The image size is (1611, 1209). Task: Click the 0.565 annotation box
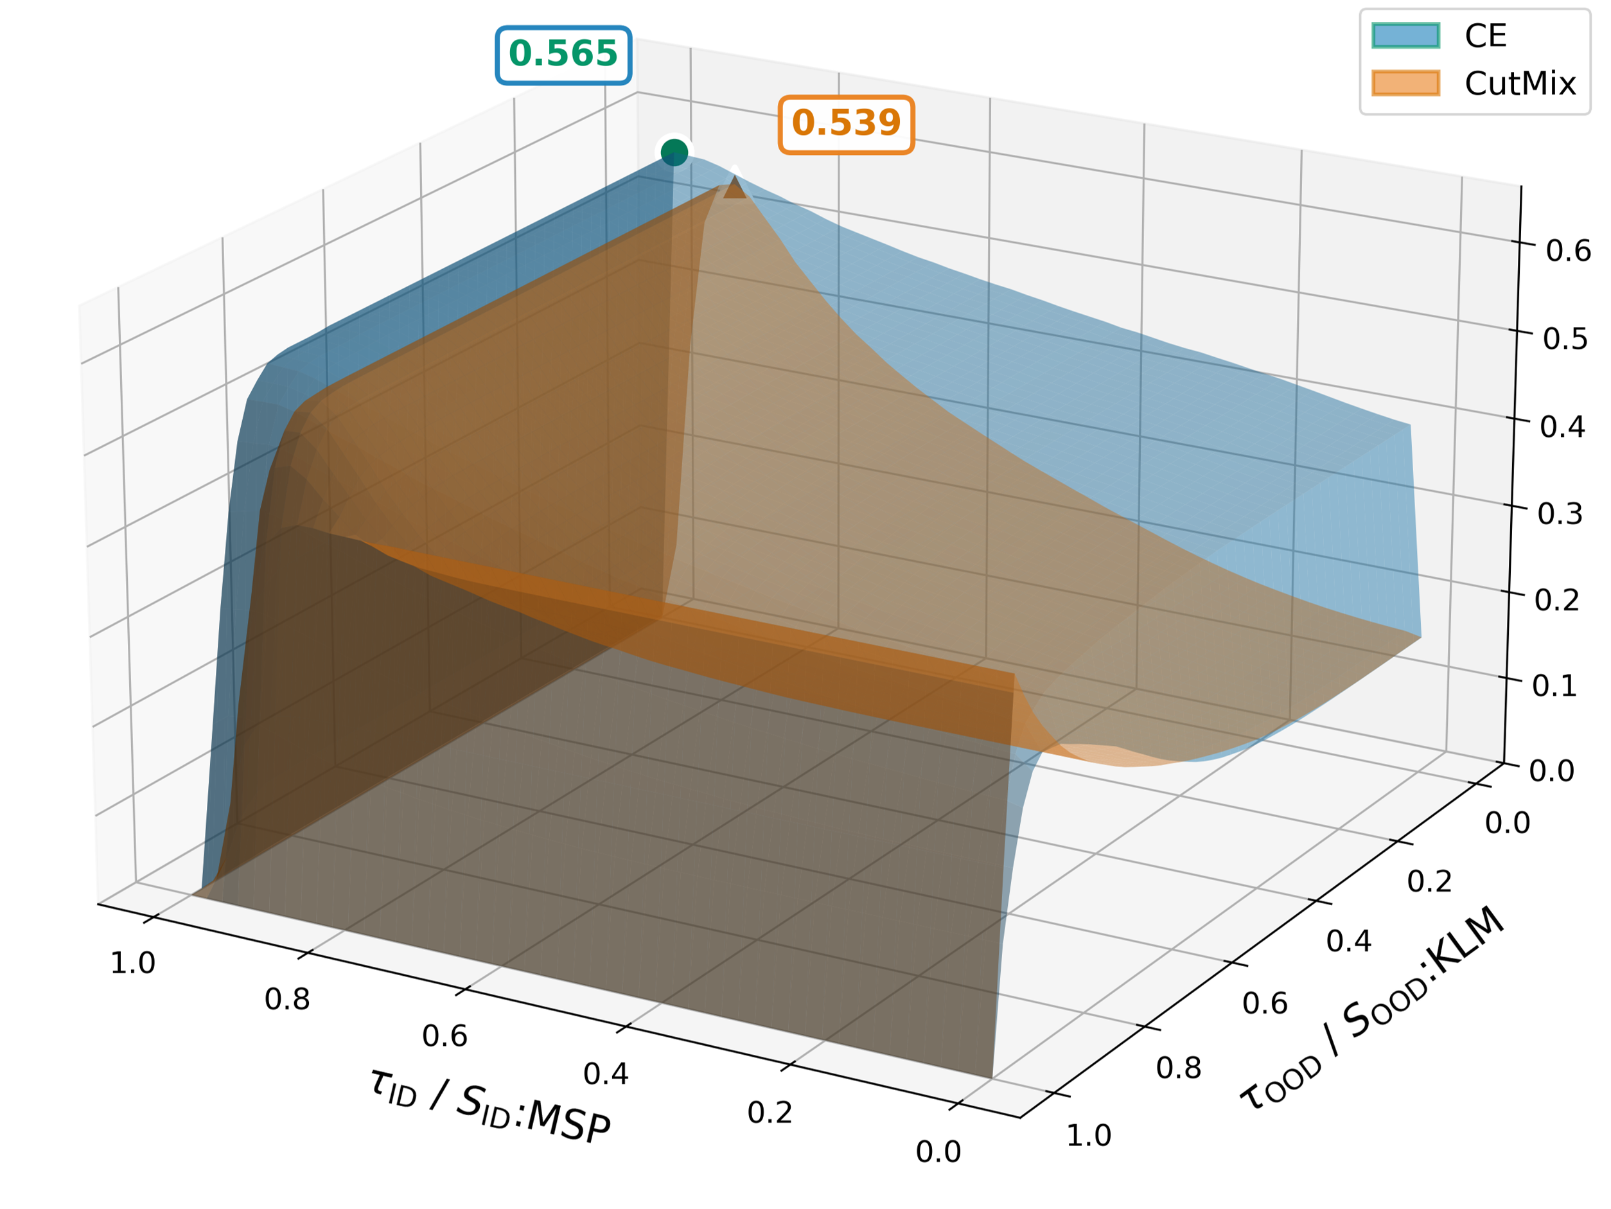[x=563, y=55]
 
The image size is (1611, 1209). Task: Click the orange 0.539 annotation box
[x=846, y=124]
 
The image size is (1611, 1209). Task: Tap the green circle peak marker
[x=674, y=152]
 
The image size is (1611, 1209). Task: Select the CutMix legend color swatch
[x=1405, y=83]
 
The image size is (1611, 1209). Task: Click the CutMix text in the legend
[x=1520, y=84]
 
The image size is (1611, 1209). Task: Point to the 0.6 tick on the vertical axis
[x=1568, y=251]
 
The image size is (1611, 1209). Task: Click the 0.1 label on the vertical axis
[x=1554, y=686]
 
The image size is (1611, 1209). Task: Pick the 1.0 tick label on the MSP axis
[x=132, y=964]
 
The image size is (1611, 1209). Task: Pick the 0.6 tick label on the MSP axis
[x=445, y=1036]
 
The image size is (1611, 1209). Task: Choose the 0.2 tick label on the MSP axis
[x=770, y=1113]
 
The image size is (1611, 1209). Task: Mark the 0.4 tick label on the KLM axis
[x=1349, y=942]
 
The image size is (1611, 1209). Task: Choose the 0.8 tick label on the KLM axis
[x=1179, y=1068]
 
